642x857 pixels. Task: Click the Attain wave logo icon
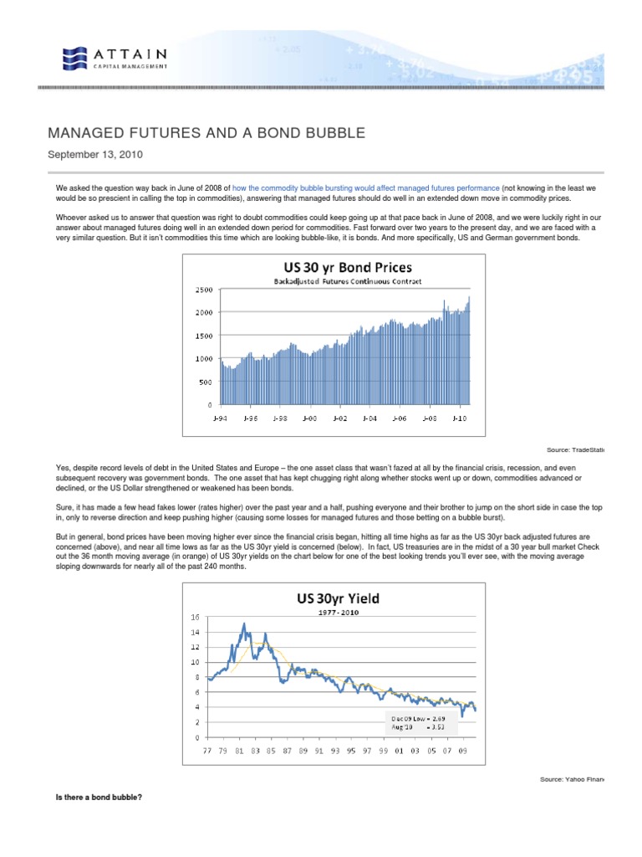tap(74, 57)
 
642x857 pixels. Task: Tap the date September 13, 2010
tap(95, 155)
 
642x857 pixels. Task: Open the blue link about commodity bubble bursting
tap(366, 190)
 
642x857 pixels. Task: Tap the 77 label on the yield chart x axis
tap(208, 751)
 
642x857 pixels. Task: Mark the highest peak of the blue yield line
tap(243, 624)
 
